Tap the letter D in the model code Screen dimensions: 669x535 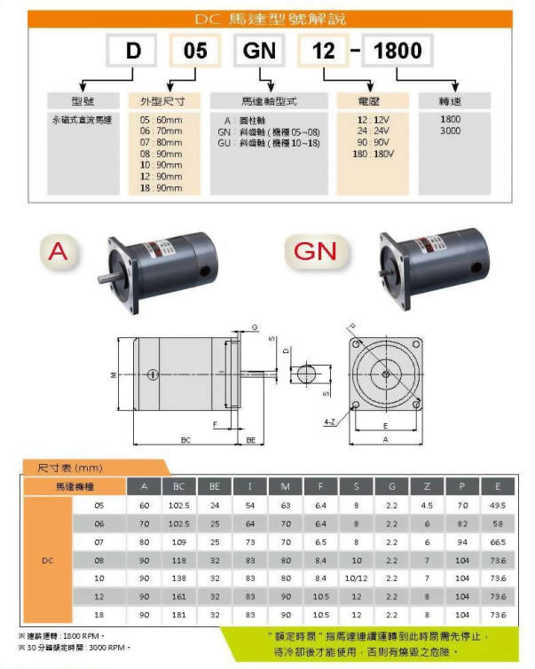tap(133, 51)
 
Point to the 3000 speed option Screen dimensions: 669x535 tap(450, 130)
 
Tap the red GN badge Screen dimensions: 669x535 tap(315, 252)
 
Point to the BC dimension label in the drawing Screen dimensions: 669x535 tap(185, 440)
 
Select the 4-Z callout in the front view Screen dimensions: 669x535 tap(329, 421)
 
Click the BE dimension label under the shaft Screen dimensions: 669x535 tap(251, 440)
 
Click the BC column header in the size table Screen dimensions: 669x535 tap(178, 486)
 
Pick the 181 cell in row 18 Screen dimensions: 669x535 tap(178, 614)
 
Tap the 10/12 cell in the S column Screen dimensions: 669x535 tap(357, 578)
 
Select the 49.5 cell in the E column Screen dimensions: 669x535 tap(499, 505)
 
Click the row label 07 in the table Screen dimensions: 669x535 tap(98, 541)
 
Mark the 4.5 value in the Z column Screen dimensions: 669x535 tap(427, 505)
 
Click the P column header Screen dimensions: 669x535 tap(462, 486)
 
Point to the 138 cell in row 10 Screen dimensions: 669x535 tap(178, 578)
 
